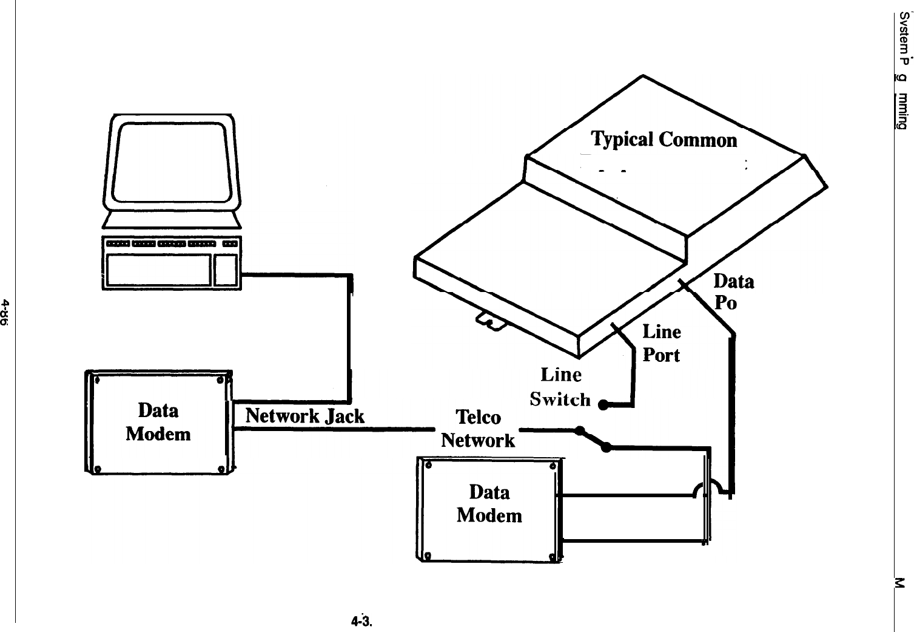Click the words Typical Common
coord(664,140)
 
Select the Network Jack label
coord(304,416)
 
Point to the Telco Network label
coord(478,429)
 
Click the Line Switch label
coord(560,387)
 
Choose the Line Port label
coord(661,344)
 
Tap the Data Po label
coord(733,291)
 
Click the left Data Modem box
coord(158,423)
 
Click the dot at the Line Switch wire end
coord(603,405)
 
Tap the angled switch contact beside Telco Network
coord(593,440)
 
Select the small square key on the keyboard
coord(226,270)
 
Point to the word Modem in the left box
coord(158,434)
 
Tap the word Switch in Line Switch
coord(560,399)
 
